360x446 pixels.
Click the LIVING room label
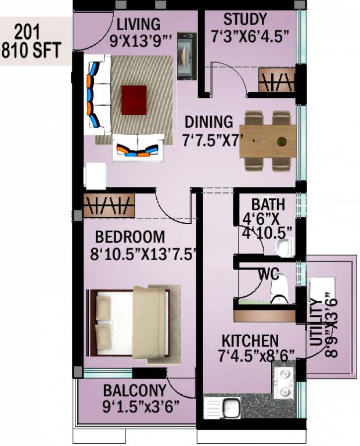[x=138, y=24]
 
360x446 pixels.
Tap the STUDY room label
[x=245, y=19]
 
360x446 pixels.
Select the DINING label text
[x=208, y=123]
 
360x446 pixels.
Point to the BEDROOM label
[x=130, y=238]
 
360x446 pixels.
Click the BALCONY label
[x=134, y=390]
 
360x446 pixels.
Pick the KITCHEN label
[x=249, y=340]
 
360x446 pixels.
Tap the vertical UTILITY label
[x=315, y=323]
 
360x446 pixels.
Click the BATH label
[x=268, y=205]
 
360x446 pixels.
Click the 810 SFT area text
[x=31, y=51]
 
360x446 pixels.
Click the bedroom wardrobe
[x=109, y=206]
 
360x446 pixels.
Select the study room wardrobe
[x=276, y=82]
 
